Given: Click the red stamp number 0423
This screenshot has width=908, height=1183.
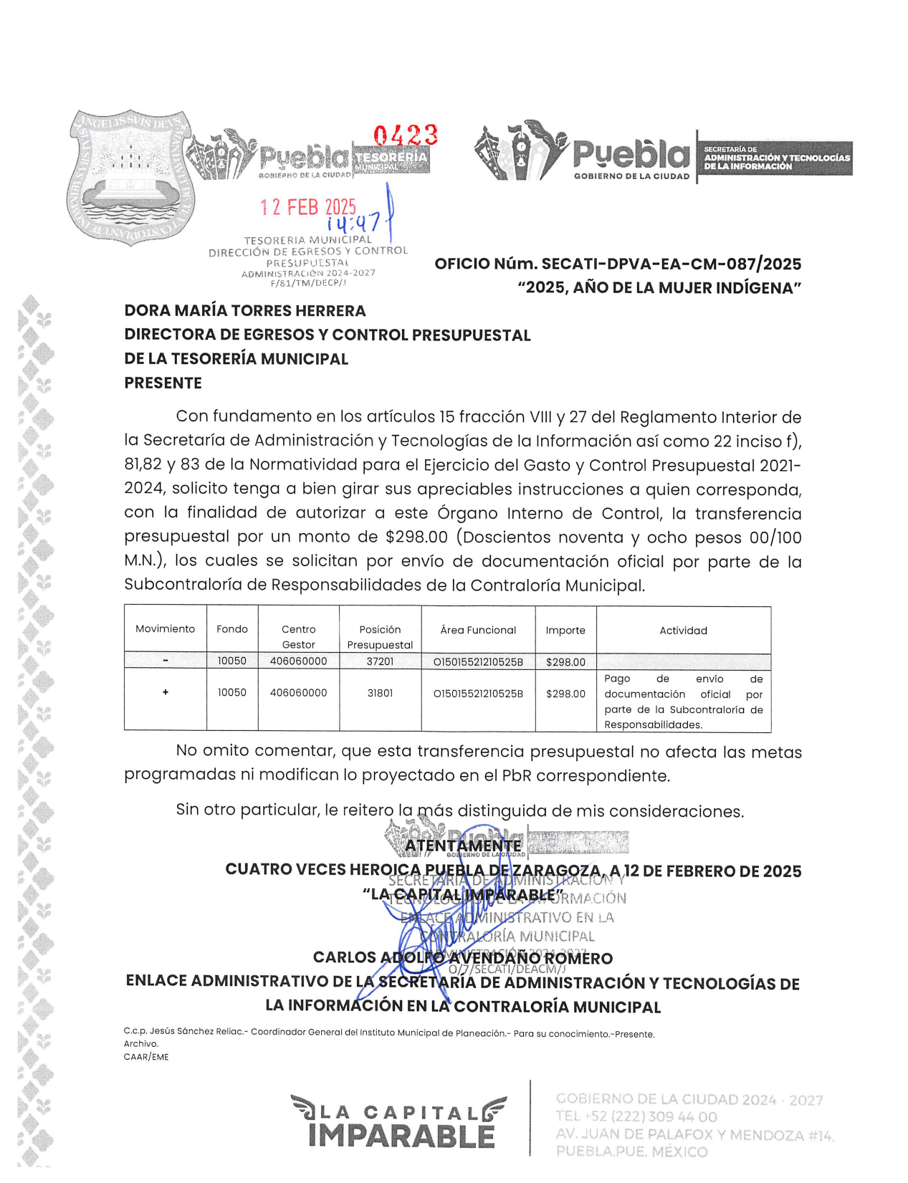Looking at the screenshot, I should (406, 135).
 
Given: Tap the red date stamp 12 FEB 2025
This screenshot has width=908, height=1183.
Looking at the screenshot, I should (308, 207).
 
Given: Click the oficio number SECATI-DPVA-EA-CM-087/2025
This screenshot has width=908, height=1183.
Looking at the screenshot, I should (671, 264).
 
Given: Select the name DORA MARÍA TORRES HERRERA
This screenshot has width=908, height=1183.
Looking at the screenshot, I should (245, 310).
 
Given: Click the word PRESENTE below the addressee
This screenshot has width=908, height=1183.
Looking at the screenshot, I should (163, 383).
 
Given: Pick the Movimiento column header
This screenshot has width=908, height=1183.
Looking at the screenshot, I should (165, 629).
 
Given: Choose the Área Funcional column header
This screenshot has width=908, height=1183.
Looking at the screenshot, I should (478, 630).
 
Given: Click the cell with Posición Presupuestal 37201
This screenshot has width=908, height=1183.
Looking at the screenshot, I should (380, 661).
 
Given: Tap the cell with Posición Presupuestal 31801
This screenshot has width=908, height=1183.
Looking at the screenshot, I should (380, 694).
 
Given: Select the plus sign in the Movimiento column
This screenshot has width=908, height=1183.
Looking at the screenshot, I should (166, 692).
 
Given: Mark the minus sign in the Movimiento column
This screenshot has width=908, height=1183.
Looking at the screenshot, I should (166, 661).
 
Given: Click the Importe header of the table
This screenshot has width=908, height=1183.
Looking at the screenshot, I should (565, 631).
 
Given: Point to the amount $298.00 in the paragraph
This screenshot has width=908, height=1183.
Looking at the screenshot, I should (416, 537).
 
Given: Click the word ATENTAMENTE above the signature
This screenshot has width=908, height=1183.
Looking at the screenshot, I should (463, 846).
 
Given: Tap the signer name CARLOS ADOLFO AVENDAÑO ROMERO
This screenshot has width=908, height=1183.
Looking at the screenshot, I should (463, 958).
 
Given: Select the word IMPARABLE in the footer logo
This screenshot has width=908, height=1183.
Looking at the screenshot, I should (402, 1136).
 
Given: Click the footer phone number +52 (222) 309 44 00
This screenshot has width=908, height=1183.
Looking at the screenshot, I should (636, 1116).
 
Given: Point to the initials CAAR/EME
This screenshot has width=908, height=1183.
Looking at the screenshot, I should (146, 1057).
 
